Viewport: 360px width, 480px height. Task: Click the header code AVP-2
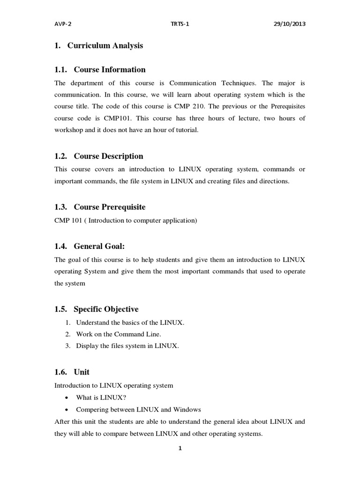pos(61,24)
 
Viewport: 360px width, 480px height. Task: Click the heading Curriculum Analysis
pos(105,45)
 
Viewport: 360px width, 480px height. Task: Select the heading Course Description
pos(109,156)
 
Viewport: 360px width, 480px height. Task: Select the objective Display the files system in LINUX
pos(127,346)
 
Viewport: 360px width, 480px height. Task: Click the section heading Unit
pos(82,372)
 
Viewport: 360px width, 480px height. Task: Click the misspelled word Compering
pos(91,409)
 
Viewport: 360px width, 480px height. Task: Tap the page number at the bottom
pos(180,448)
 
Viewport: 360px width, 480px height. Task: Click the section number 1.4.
pos(61,246)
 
